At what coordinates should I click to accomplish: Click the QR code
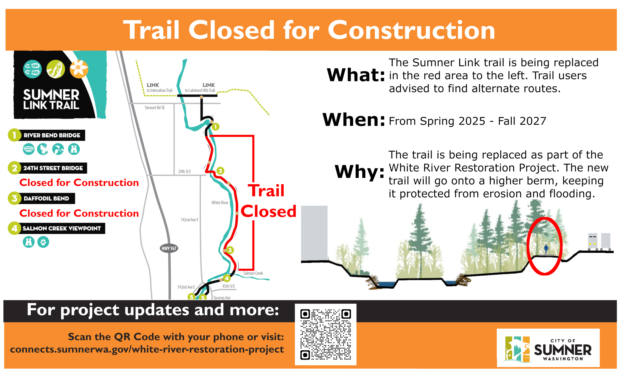[326, 334]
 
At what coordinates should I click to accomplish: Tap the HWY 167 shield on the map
[169, 248]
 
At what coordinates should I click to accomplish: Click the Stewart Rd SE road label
[155, 108]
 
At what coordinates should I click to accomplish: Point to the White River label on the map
[220, 203]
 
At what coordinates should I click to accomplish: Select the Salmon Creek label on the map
[253, 273]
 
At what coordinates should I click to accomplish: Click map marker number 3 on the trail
[230, 250]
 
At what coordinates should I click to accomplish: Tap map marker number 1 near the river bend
[215, 127]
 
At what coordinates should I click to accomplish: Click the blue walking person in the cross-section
[546, 249]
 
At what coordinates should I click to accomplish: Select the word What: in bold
[356, 75]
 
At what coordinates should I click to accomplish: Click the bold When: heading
[354, 120]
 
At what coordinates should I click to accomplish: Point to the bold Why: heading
[360, 172]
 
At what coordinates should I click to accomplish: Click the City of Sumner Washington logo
[548, 348]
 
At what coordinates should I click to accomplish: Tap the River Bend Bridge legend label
[52, 135]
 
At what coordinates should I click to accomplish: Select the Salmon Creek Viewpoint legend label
[62, 228]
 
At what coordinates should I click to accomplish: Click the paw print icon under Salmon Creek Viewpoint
[43, 242]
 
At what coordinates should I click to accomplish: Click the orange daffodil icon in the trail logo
[79, 69]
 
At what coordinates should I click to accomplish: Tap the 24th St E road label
[184, 172]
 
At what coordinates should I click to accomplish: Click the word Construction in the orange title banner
[411, 30]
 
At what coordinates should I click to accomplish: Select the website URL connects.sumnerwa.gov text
[147, 349]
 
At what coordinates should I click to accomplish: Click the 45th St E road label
[228, 286]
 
